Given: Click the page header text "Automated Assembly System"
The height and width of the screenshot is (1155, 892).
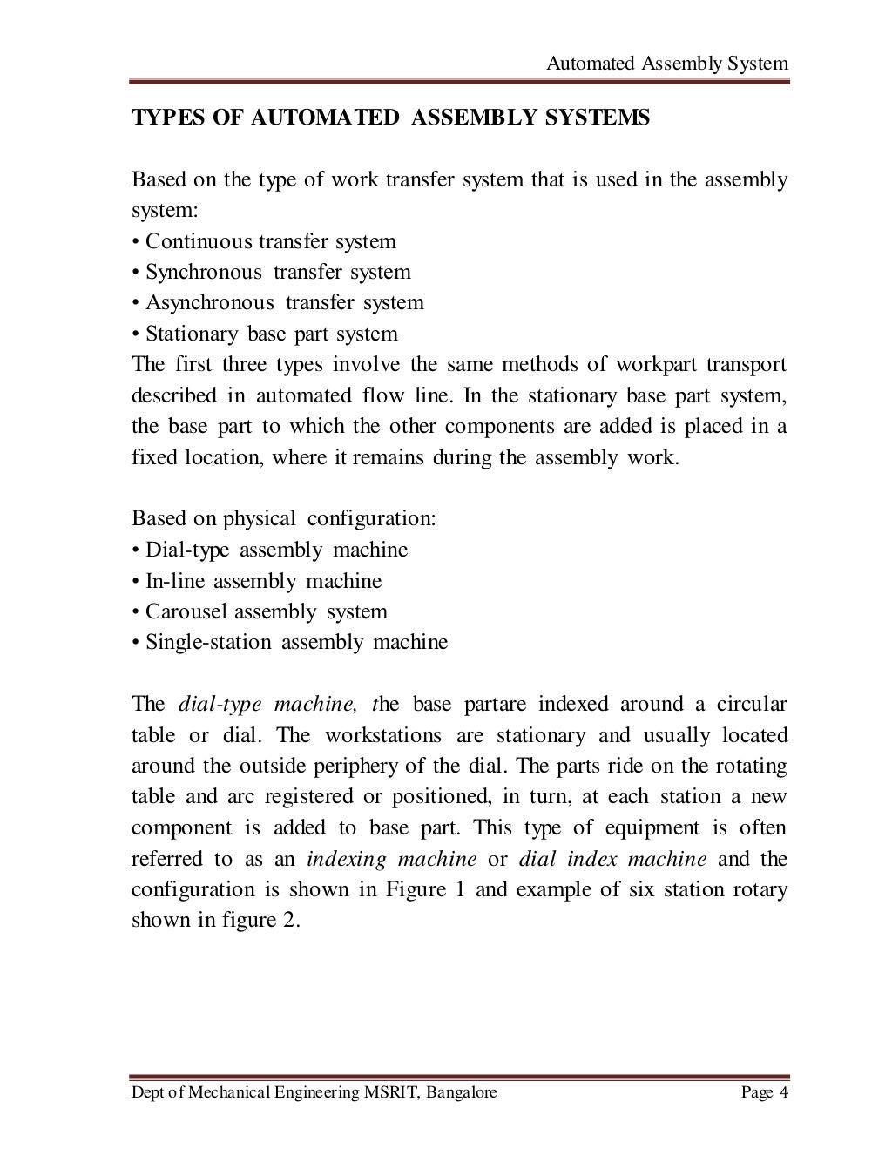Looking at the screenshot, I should point(666,64).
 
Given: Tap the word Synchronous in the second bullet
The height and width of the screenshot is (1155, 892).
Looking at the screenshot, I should point(203,272).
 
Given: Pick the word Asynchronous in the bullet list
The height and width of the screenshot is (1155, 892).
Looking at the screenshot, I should point(209,302).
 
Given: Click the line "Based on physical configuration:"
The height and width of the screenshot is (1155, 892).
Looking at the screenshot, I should point(283,518).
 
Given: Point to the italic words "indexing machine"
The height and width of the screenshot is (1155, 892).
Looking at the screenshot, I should point(392,859).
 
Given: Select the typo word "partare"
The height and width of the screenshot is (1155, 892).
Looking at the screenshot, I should point(494,704).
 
